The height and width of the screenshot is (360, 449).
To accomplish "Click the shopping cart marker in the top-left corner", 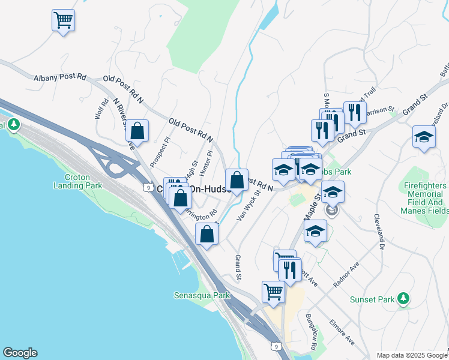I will [x=63, y=21].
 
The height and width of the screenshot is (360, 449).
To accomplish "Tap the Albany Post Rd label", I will [x=60, y=78].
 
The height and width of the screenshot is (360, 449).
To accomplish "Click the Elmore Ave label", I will [x=342, y=332].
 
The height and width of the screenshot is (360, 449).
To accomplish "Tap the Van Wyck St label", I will [x=249, y=205].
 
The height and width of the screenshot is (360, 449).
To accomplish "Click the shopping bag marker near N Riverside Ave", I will [x=137, y=131].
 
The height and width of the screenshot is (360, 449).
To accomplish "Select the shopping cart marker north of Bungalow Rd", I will [x=274, y=292].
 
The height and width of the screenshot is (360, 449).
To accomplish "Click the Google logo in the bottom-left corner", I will [x=20, y=353].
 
